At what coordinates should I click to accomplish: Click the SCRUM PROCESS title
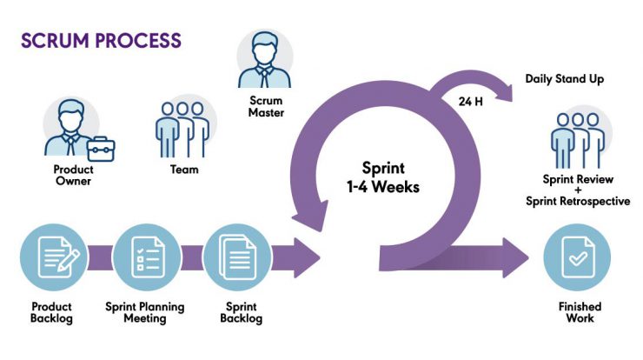[x=101, y=41]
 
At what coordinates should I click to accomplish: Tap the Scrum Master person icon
[x=264, y=59]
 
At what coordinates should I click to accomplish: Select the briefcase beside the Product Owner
[x=101, y=150]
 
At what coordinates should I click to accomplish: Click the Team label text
[x=184, y=170]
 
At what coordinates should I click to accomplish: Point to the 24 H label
[x=470, y=102]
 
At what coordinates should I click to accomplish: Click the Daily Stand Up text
[x=564, y=79]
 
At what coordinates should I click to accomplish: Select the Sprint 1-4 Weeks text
[x=383, y=177]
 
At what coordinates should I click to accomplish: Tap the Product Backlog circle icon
[x=54, y=257]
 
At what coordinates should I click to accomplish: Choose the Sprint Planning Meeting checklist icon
[x=147, y=257]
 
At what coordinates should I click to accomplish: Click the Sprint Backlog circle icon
[x=237, y=257]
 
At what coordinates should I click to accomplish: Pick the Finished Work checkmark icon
[x=577, y=257]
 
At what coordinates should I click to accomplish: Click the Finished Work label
[x=580, y=312]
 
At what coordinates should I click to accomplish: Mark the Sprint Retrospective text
[x=578, y=201]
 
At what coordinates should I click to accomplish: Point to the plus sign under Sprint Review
[x=578, y=190]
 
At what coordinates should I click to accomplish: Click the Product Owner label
[x=73, y=176]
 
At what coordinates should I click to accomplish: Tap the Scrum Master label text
[x=266, y=107]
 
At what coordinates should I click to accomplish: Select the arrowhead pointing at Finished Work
[x=516, y=257]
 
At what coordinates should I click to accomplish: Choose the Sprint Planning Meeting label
[x=145, y=312]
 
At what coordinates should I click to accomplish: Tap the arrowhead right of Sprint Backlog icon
[x=307, y=257]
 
